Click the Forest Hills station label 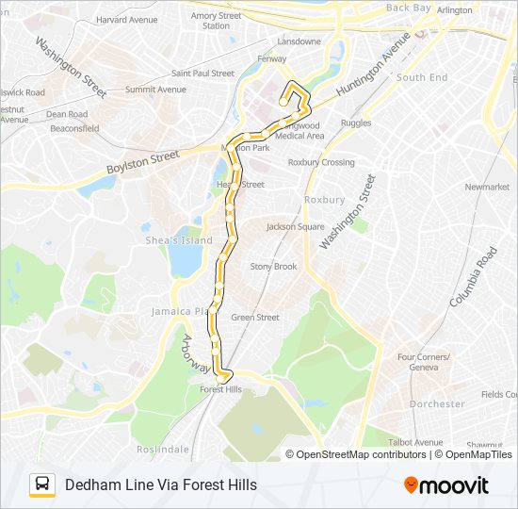(220, 389)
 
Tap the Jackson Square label (295, 227)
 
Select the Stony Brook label (273, 267)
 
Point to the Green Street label (254, 318)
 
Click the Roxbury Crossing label (321, 162)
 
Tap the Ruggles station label (356, 123)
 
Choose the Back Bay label (408, 8)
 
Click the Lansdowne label (299, 41)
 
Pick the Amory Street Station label (217, 21)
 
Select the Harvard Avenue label (126, 19)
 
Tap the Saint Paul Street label (202, 74)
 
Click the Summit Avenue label (155, 90)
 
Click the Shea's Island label (178, 240)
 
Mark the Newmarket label (487, 187)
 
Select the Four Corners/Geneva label (424, 362)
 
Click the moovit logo (446, 485)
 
